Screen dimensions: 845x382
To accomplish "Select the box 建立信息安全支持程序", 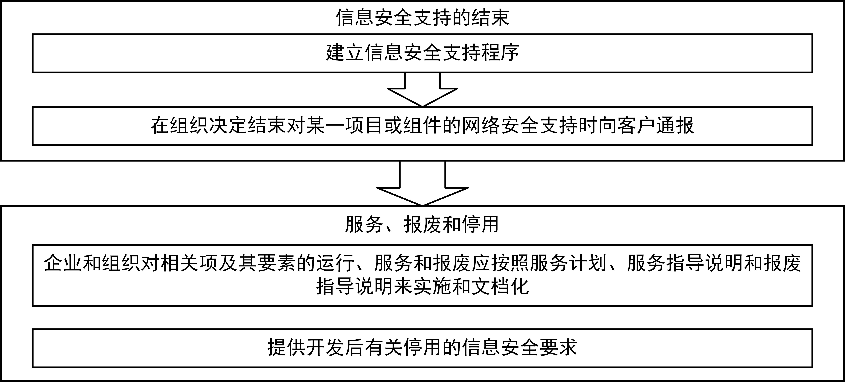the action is [x=422, y=53].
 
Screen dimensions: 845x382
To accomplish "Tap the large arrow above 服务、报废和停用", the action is [x=422, y=183].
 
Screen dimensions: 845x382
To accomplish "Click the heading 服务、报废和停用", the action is [x=422, y=224].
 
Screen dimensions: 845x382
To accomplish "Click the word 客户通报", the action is [x=656, y=125].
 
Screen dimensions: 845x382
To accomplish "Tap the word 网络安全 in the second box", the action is [x=501, y=125].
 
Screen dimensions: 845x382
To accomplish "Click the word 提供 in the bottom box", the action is [x=287, y=348].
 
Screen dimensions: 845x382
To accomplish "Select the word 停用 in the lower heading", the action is [x=480, y=224].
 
